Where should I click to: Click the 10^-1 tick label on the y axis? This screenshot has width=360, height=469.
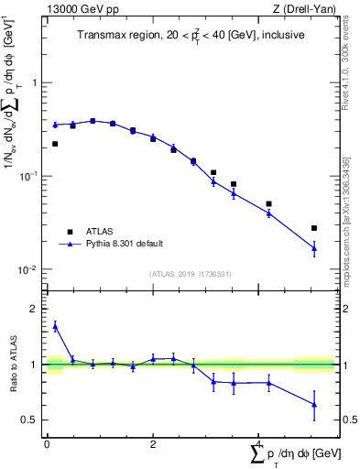point(29,176)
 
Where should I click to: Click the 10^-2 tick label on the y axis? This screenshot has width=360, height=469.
point(29,270)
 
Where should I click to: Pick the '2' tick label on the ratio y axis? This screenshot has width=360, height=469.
point(36,309)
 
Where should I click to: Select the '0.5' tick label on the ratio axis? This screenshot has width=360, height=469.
point(31,420)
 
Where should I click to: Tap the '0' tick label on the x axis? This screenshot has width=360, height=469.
point(47,443)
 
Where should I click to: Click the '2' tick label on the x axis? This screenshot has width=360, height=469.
point(153,443)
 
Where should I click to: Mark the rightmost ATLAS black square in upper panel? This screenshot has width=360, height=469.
point(314,228)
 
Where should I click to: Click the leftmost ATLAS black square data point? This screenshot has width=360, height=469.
point(55,144)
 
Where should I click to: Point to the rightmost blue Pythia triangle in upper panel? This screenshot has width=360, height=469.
point(314,247)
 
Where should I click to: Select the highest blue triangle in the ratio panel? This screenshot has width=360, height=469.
point(55,325)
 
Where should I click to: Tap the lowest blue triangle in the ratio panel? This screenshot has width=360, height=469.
point(314,404)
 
